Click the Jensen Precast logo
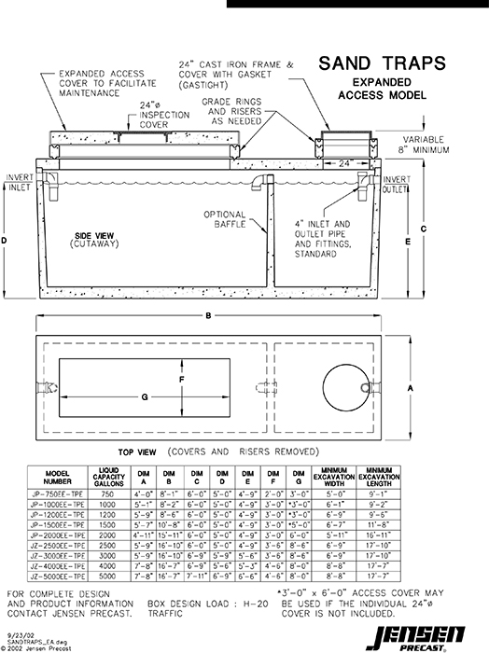[x=430, y=634]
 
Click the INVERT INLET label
[x=18, y=182]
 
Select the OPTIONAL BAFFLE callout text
[x=224, y=219]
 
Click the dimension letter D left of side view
[x=7, y=240]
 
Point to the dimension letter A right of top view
[x=412, y=384]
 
